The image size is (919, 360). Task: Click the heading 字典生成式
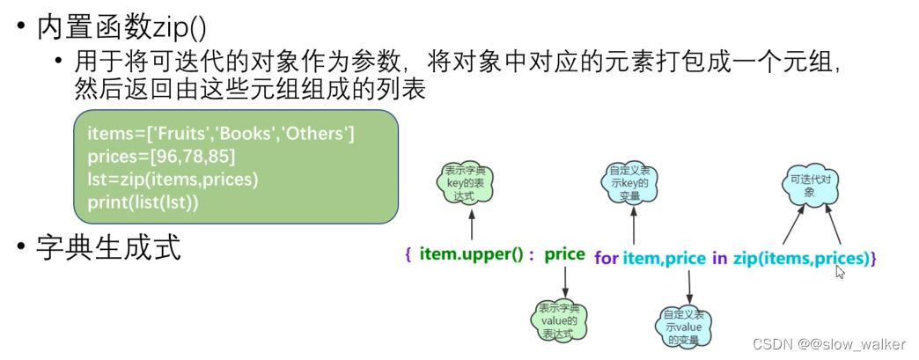pos(108,249)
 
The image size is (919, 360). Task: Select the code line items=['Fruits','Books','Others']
pos(220,135)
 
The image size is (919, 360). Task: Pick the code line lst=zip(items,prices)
pos(173,179)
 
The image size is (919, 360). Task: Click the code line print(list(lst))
pos(143,201)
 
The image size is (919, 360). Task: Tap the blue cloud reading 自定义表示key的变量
pos(631,182)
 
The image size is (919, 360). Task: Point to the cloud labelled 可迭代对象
pos(809,185)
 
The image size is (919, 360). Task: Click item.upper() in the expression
pos(476,255)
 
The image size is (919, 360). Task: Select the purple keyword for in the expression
pos(607,258)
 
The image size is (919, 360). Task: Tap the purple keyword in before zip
pos(719,258)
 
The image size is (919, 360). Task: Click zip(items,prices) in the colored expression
pos(800,258)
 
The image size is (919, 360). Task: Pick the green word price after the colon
pos(564,254)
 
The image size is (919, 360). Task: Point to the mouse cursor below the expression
pos(840,272)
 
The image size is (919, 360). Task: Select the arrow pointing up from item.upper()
pos(473,226)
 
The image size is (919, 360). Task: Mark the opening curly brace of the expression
pos(408,256)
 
